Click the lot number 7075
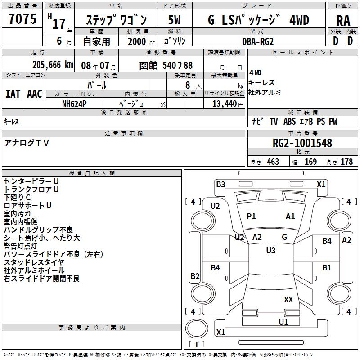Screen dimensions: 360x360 pos(22,20)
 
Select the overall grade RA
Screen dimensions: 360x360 pos(343,21)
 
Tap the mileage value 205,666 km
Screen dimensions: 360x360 pos(53,65)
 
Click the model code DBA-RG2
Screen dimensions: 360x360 pos(258,41)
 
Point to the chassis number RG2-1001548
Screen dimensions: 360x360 pos(302,144)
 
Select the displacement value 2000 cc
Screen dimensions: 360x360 pos(139,41)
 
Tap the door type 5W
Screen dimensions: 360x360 pos(175,21)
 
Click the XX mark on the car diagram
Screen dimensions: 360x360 pos(288,299)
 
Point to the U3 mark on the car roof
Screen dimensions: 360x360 pos(270,251)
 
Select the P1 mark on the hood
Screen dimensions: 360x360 pos(251,216)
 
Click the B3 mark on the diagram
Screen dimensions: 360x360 pos(220,184)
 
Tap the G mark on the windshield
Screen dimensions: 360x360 pos(284,237)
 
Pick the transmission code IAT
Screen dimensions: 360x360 pos(13,94)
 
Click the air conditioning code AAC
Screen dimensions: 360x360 pos(34,94)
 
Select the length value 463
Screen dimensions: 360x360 pos(273,162)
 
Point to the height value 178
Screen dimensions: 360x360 pos(347,162)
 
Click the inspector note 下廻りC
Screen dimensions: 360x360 pos(17,197)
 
